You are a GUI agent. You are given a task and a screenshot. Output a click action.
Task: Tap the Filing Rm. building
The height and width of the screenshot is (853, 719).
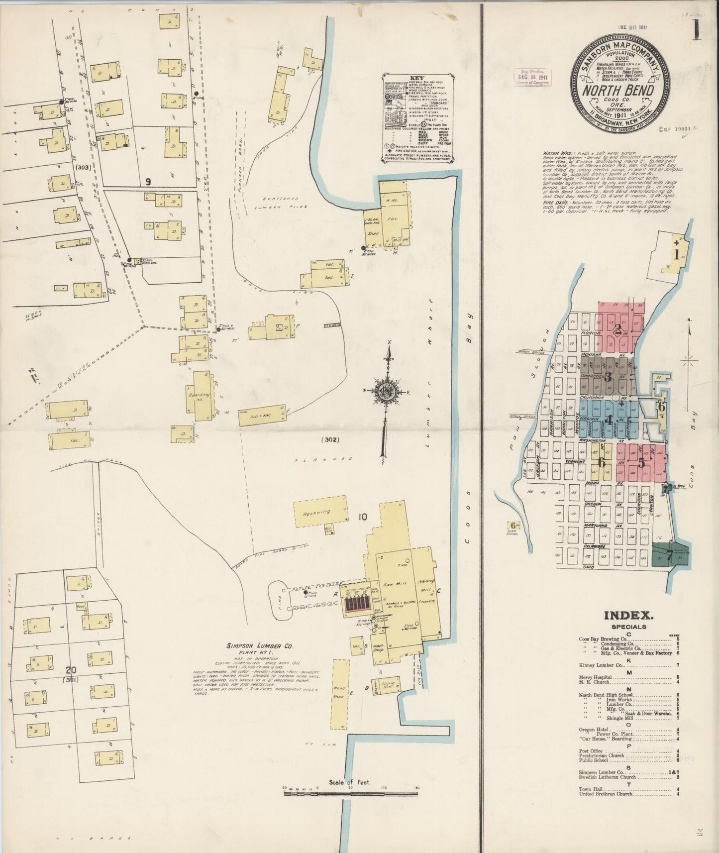389,686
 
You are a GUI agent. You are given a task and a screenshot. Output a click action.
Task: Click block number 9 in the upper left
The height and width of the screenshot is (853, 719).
147,182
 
